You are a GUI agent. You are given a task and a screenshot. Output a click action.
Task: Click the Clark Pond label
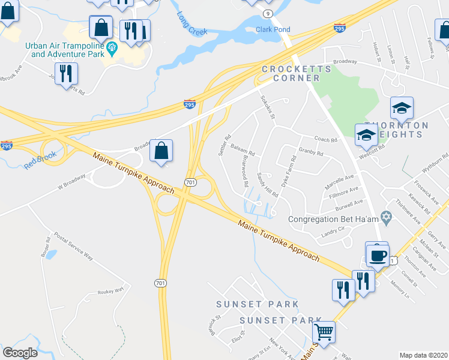click(273, 29)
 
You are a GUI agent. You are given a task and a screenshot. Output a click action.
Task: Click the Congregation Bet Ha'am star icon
click(387, 216)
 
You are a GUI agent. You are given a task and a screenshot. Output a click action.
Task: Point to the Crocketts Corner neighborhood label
click(296, 73)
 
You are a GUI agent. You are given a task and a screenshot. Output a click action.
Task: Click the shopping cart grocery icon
click(324, 331)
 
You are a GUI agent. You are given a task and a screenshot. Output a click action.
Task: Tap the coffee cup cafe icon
click(378, 255)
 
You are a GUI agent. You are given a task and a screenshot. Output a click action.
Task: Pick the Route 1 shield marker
click(392, 260)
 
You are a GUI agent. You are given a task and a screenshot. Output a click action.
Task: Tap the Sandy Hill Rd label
click(268, 185)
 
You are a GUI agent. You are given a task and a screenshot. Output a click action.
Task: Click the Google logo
click(20, 353)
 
